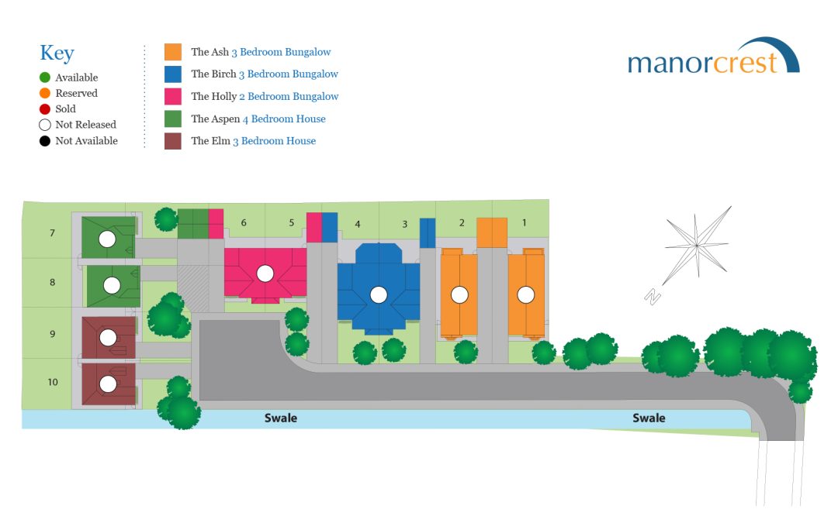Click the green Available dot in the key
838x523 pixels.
click(x=45, y=77)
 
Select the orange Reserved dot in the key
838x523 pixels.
click(x=45, y=94)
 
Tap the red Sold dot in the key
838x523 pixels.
click(x=45, y=109)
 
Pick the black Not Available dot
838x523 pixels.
click(x=45, y=141)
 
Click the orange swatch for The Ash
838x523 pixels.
click(x=172, y=52)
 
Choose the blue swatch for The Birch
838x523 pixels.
click(x=172, y=74)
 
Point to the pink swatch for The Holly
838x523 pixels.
click(x=172, y=97)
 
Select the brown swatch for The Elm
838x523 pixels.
click(x=172, y=142)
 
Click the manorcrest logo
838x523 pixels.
click(x=714, y=57)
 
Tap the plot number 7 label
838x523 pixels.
click(x=53, y=232)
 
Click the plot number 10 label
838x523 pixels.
click(x=53, y=382)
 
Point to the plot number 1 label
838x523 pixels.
click(x=524, y=222)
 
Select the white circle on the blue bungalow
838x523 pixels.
click(x=379, y=294)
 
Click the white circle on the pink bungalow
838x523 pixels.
click(x=265, y=274)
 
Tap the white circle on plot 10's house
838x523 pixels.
click(x=108, y=384)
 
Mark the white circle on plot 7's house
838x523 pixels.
click(x=107, y=239)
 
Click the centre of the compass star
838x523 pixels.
click(x=697, y=246)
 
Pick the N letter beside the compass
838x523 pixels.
click(x=653, y=296)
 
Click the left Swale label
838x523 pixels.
click(x=281, y=418)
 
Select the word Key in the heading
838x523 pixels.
click(x=57, y=53)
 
